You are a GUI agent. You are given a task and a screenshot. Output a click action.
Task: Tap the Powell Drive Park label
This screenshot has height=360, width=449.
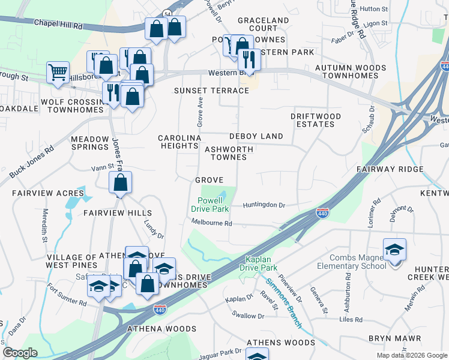tap(210, 205)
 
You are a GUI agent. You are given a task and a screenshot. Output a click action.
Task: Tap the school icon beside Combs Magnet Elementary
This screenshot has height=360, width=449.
tap(395, 249)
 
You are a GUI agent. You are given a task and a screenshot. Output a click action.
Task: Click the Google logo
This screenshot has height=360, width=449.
tap(20, 353)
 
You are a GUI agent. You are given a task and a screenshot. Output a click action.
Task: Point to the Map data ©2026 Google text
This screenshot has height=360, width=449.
tap(412, 355)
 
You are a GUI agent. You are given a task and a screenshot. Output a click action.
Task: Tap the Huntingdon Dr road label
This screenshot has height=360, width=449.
tap(264, 205)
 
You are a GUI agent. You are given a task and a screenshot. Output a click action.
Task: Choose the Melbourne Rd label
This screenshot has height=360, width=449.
tap(211, 223)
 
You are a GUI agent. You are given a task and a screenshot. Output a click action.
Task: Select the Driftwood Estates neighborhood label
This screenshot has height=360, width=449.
tap(316, 120)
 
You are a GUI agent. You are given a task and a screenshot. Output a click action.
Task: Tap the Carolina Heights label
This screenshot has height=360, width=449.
tap(179, 142)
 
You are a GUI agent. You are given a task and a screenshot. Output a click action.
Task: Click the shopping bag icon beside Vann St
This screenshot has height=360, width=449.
tap(121, 183)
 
